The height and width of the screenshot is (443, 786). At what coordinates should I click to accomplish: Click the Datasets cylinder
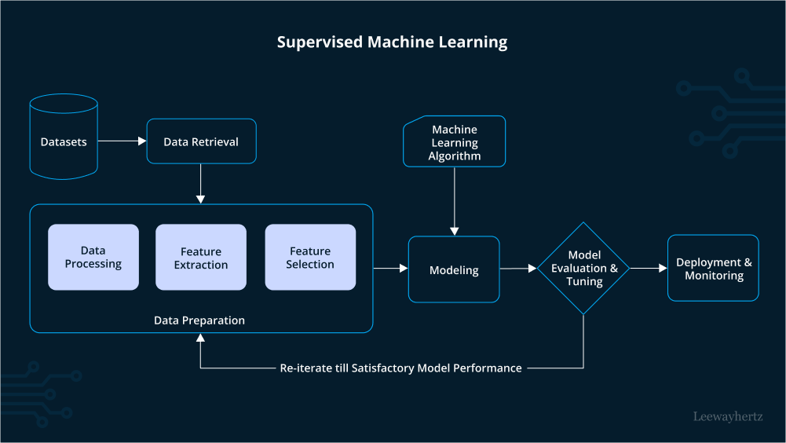[64, 137]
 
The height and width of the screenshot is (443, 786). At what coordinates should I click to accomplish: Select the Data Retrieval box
[201, 141]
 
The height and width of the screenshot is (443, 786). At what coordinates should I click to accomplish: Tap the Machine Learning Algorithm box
[454, 141]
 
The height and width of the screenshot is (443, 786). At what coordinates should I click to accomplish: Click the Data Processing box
[93, 257]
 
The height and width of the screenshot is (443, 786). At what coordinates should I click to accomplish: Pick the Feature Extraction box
[201, 257]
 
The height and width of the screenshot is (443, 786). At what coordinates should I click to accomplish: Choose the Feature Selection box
[310, 257]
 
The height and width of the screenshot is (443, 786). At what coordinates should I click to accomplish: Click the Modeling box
[454, 269]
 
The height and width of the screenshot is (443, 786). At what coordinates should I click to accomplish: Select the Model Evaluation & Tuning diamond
[583, 269]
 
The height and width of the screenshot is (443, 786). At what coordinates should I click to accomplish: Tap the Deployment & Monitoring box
[713, 268]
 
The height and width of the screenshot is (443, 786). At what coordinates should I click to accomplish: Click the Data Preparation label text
[199, 320]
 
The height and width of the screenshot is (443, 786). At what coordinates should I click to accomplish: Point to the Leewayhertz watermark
[728, 416]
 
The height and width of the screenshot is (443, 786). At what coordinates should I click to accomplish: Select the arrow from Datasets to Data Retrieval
[122, 141]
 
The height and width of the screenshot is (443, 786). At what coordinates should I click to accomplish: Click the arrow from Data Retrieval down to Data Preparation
[200, 184]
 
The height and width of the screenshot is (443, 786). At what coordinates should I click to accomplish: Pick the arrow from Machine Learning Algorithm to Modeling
[454, 201]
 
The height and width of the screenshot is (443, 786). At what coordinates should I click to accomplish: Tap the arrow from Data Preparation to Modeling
[390, 269]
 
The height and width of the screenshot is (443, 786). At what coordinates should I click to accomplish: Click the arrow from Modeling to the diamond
[518, 269]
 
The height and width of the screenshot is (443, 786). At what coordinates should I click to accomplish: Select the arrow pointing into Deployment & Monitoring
[649, 269]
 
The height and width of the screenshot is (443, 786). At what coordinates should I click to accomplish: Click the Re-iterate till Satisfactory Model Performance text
[400, 368]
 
